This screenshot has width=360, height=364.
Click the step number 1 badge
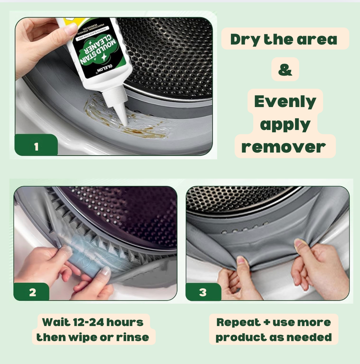point(36,146)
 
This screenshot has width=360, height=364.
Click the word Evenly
point(285,102)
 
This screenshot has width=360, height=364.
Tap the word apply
point(285,125)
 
